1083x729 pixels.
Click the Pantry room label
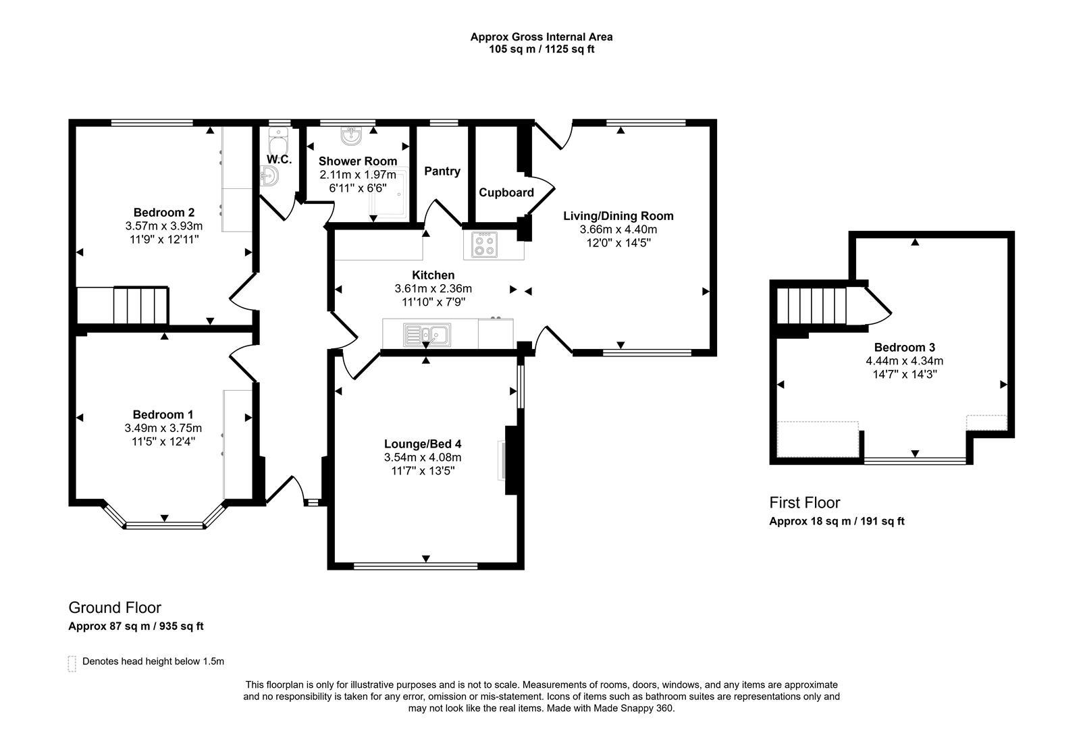pyautogui.click(x=442, y=171)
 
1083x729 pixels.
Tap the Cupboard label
pyautogui.click(x=506, y=192)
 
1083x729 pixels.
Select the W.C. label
pyautogui.click(x=279, y=159)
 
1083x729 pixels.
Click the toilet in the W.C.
pyautogui.click(x=278, y=143)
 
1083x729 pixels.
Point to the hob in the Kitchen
pyautogui.click(x=485, y=244)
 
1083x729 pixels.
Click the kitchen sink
pyautogui.click(x=427, y=334)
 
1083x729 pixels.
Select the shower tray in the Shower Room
pyautogui.click(x=389, y=194)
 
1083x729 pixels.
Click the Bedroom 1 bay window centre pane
pyautogui.click(x=164, y=524)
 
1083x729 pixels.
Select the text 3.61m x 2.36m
pyautogui.click(x=433, y=288)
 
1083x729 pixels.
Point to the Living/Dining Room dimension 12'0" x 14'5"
pyautogui.click(x=618, y=242)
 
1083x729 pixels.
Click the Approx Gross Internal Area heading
pyautogui.click(x=541, y=37)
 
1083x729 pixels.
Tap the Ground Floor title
pyautogui.click(x=115, y=607)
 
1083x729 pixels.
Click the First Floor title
pyautogui.click(x=805, y=503)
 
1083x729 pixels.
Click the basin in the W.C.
pyautogui.click(x=269, y=178)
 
